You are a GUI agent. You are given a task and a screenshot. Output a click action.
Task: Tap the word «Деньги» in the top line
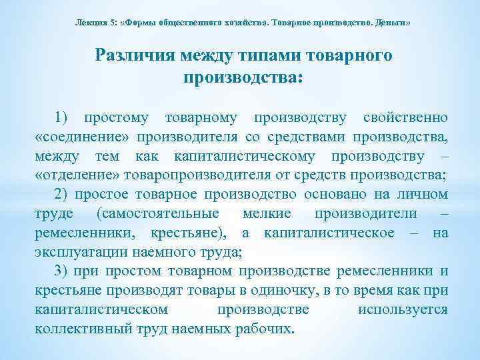coord(393,22)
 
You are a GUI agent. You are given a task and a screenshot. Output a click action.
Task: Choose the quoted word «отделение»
coord(80,175)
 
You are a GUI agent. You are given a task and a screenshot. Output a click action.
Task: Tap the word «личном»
coord(425,195)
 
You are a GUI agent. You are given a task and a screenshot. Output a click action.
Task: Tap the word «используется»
coord(403,309)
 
